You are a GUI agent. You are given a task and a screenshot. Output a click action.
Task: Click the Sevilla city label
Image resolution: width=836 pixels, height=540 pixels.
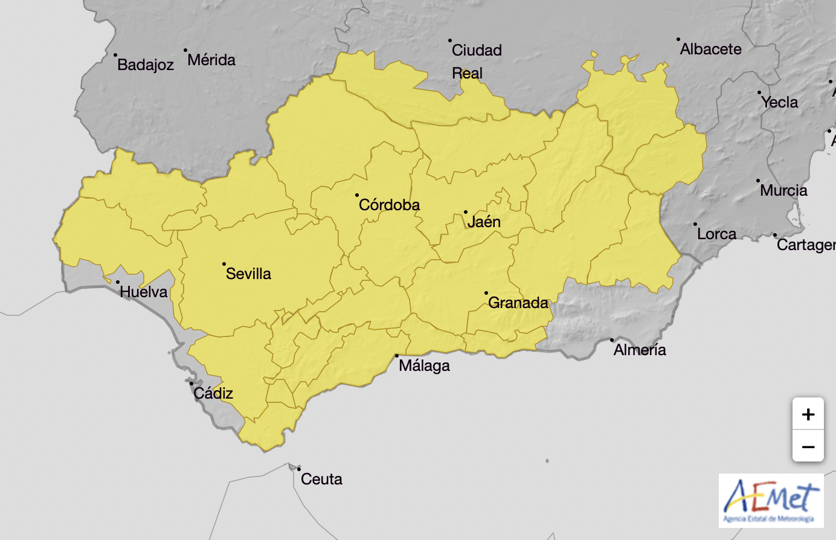pyautogui.click(x=248, y=274)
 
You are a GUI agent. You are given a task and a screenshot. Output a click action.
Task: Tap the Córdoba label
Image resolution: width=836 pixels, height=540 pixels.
pyautogui.click(x=389, y=205)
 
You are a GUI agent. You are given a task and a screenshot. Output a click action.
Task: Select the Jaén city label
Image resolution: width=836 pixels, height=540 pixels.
pyautogui.click(x=484, y=222)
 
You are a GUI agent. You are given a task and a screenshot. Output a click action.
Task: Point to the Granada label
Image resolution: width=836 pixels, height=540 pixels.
pyautogui.click(x=518, y=303)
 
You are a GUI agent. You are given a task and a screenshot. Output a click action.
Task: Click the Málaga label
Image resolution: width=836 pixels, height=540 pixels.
pyautogui.click(x=424, y=365)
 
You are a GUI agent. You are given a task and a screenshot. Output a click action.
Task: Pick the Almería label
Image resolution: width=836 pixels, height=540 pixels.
pyautogui.click(x=640, y=350)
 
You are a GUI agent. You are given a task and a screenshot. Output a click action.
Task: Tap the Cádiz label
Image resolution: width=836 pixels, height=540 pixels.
pyautogui.click(x=213, y=393)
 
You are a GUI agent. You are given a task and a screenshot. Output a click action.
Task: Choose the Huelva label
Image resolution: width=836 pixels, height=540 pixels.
pyautogui.click(x=144, y=292)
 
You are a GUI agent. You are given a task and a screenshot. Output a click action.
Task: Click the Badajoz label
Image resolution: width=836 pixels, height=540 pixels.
pyautogui.click(x=146, y=65)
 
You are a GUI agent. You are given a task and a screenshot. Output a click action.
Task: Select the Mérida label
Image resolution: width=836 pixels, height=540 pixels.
pyautogui.click(x=211, y=60)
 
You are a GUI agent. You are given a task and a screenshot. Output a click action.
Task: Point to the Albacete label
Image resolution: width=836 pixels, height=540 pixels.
pyautogui.click(x=711, y=49)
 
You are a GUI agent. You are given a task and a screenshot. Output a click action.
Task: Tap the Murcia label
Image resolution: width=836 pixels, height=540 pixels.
pyautogui.click(x=783, y=190)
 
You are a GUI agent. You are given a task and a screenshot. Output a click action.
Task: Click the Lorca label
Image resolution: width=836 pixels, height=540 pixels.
pyautogui.click(x=716, y=234)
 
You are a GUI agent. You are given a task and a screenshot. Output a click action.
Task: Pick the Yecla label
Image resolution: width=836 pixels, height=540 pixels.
pyautogui.click(x=779, y=102)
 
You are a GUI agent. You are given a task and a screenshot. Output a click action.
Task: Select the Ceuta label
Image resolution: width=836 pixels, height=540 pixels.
pyautogui.click(x=321, y=479)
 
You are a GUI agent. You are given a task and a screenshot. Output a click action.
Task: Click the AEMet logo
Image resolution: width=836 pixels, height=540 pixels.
pyautogui.click(x=771, y=501)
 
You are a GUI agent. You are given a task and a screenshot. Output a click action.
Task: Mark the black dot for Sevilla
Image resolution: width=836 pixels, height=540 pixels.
pyautogui.click(x=224, y=264)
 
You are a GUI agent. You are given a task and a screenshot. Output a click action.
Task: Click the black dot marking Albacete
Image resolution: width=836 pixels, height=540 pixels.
pyautogui.click(x=678, y=39)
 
